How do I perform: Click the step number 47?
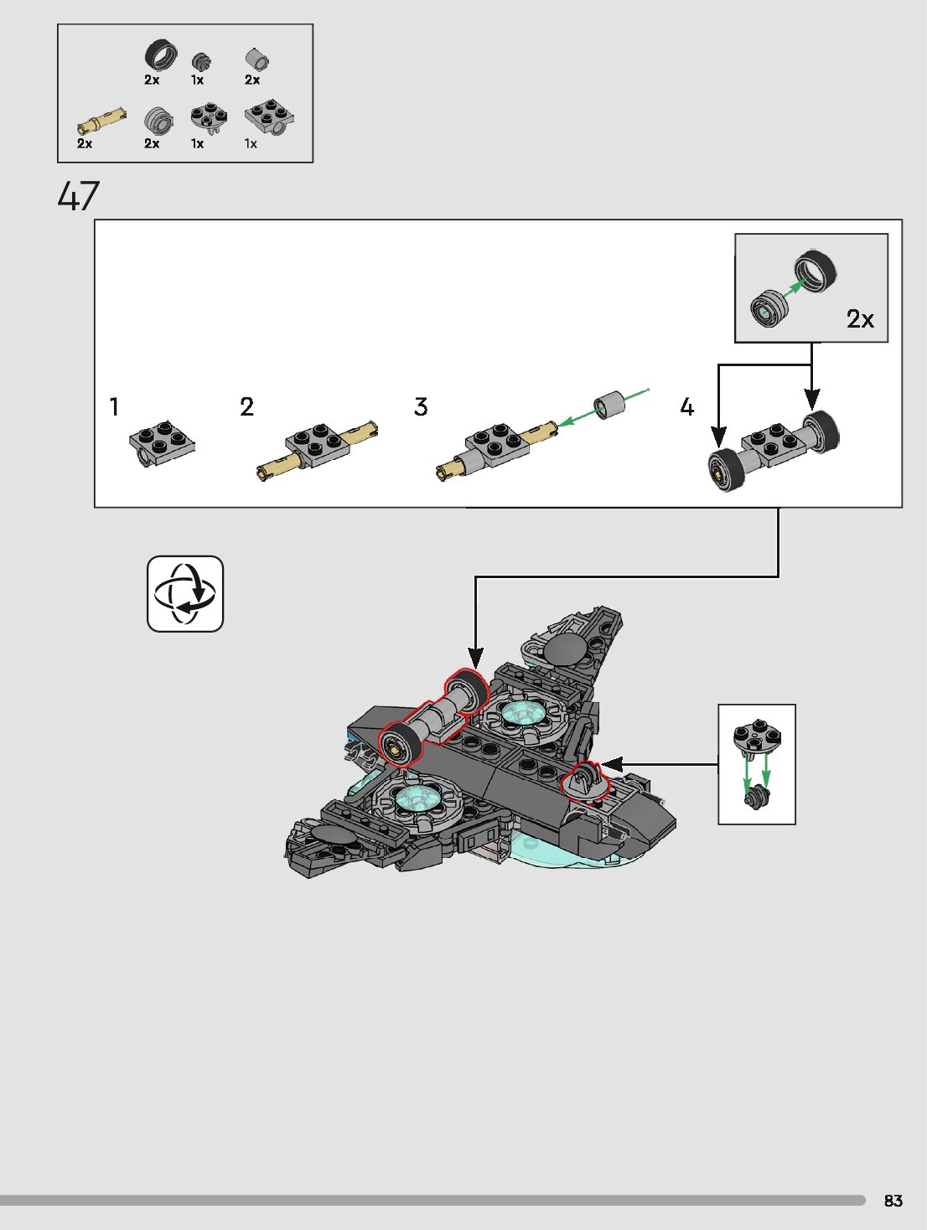79,196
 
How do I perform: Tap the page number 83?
893,1201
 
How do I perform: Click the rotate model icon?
185,593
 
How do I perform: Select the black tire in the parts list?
161,55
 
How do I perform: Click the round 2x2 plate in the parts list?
208,117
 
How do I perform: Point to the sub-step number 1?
114,407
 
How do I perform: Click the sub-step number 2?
246,407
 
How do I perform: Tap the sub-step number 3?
421,407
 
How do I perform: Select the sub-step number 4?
687,407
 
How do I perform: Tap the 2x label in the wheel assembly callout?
860,319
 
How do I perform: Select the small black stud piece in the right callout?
757,796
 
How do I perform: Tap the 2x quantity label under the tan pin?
85,143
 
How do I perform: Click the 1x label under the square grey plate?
251,143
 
